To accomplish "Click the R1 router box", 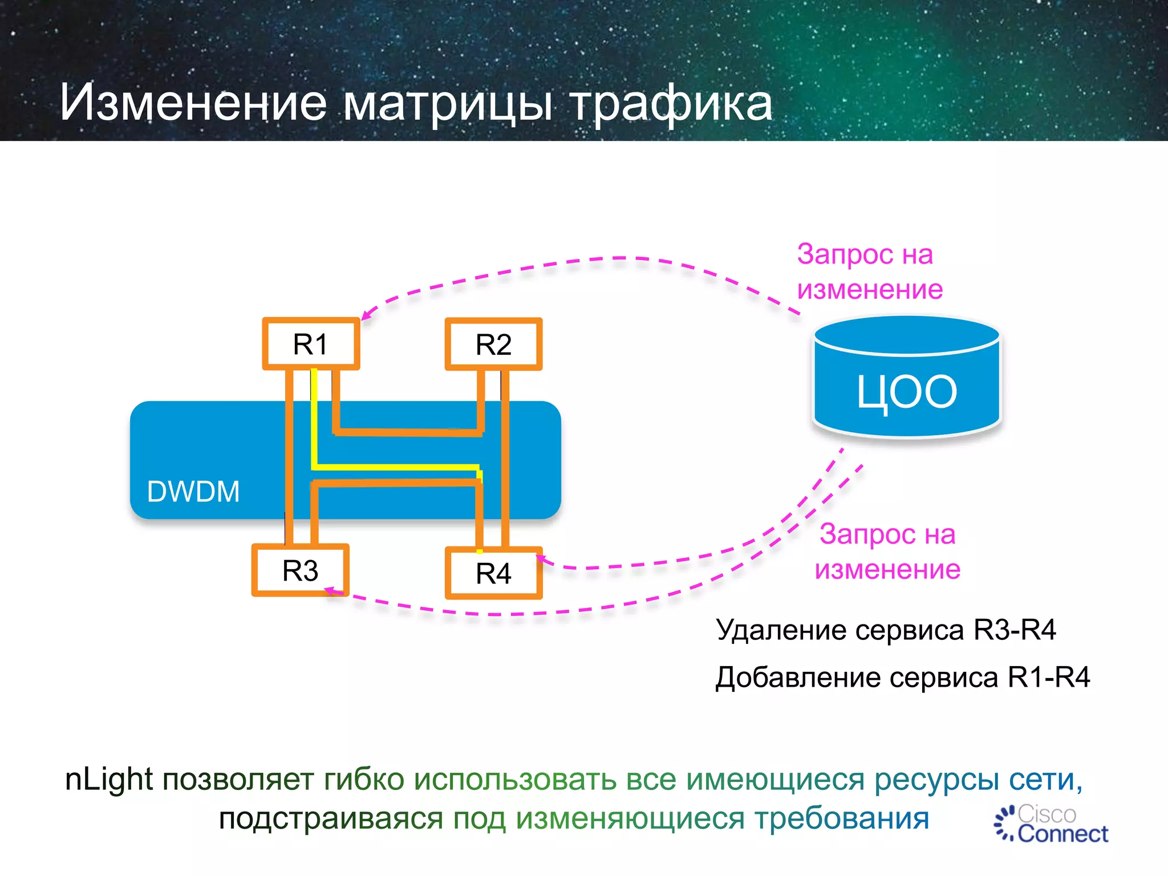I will (311, 344).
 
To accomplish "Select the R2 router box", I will (493, 344).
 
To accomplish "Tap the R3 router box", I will (300, 570).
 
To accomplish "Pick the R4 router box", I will (493, 573).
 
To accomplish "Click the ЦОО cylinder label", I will (907, 392).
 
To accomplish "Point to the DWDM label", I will (193, 492).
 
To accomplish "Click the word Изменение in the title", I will (193, 103).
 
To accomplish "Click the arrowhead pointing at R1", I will (366, 315).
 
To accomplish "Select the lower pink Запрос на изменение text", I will (887, 551).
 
